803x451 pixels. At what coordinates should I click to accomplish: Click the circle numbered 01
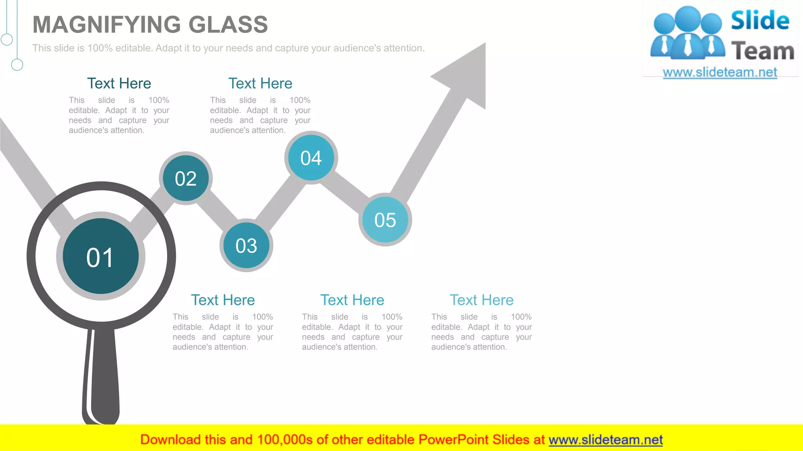tap(101, 256)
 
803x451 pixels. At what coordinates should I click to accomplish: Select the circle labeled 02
tap(186, 178)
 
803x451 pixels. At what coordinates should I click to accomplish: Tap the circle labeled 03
tap(246, 246)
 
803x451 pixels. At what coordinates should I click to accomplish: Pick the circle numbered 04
tap(311, 158)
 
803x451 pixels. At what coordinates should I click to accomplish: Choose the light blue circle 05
tap(385, 220)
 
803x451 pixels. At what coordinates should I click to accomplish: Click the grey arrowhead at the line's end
tap(467, 74)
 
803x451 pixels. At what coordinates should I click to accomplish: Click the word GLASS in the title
tap(228, 25)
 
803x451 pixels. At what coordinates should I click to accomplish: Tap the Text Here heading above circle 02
tap(119, 83)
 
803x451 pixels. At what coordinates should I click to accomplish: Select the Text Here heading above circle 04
tap(260, 83)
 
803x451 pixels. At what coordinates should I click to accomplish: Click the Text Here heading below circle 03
tap(223, 300)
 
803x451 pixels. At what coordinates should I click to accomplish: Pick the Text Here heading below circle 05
tap(352, 300)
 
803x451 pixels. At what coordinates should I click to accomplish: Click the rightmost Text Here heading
tap(481, 300)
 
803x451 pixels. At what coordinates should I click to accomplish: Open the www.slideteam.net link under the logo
tap(720, 72)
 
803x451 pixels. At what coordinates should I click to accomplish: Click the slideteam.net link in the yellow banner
tap(605, 440)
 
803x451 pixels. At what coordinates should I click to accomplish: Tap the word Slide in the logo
tap(760, 20)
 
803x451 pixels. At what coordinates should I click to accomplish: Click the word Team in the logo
tap(763, 51)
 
